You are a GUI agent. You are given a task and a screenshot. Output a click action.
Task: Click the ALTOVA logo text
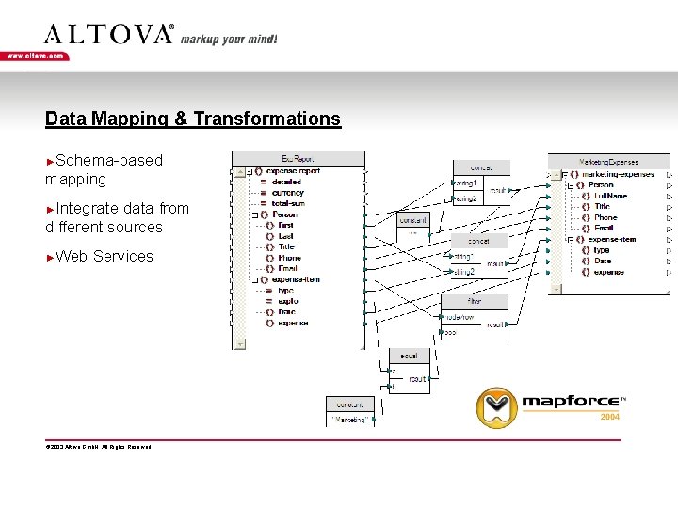point(109,35)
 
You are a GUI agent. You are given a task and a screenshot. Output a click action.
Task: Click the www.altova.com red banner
point(36,56)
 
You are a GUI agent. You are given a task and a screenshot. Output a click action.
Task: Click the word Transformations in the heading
point(266,119)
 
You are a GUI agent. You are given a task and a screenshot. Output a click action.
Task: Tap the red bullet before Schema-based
point(50,162)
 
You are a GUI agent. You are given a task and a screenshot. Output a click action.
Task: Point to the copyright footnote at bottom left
point(98,446)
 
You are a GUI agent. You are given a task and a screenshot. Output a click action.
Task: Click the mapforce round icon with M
point(496,406)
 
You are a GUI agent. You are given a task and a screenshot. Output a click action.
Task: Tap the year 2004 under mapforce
point(610,416)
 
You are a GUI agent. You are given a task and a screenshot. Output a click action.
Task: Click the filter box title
point(475,301)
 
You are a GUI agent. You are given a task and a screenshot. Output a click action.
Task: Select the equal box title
point(410,356)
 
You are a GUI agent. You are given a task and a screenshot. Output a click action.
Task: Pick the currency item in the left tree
point(287,193)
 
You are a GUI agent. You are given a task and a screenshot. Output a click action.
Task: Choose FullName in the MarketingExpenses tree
point(611,196)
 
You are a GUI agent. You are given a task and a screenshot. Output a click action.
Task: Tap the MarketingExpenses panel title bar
point(607,162)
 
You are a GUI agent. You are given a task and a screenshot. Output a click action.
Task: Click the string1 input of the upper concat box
point(466,183)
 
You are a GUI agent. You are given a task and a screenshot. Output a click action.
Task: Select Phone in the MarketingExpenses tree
point(605,217)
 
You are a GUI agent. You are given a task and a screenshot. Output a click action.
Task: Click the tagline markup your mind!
point(229,40)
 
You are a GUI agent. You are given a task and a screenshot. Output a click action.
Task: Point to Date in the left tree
point(286,311)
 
